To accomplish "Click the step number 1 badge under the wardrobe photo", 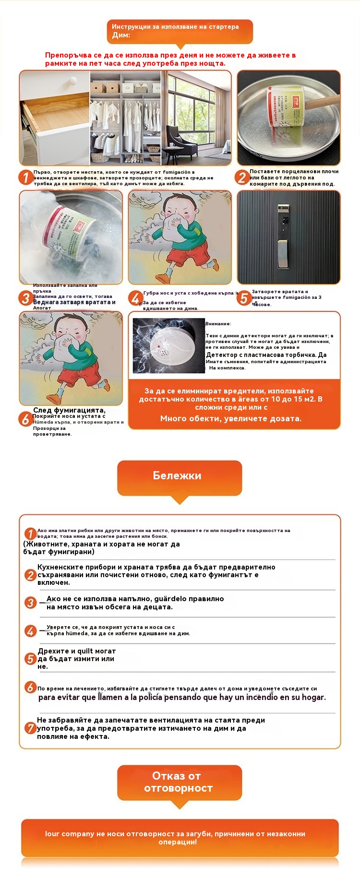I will [26, 178].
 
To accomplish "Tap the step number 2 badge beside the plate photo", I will [242, 178].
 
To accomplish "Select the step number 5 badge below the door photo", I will [244, 298].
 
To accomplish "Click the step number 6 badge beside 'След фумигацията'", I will [25, 419].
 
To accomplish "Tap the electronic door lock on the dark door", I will [283, 235].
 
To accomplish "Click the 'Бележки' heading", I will [177, 475].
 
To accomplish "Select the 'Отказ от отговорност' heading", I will [178, 782].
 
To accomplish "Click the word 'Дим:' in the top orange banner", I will [121, 36].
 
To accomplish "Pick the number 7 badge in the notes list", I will [30, 728].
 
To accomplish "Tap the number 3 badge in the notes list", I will [31, 603].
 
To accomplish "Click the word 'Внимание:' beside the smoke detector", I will [218, 324].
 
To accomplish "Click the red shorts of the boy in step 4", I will [188, 254].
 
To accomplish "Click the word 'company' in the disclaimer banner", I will [77, 834].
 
